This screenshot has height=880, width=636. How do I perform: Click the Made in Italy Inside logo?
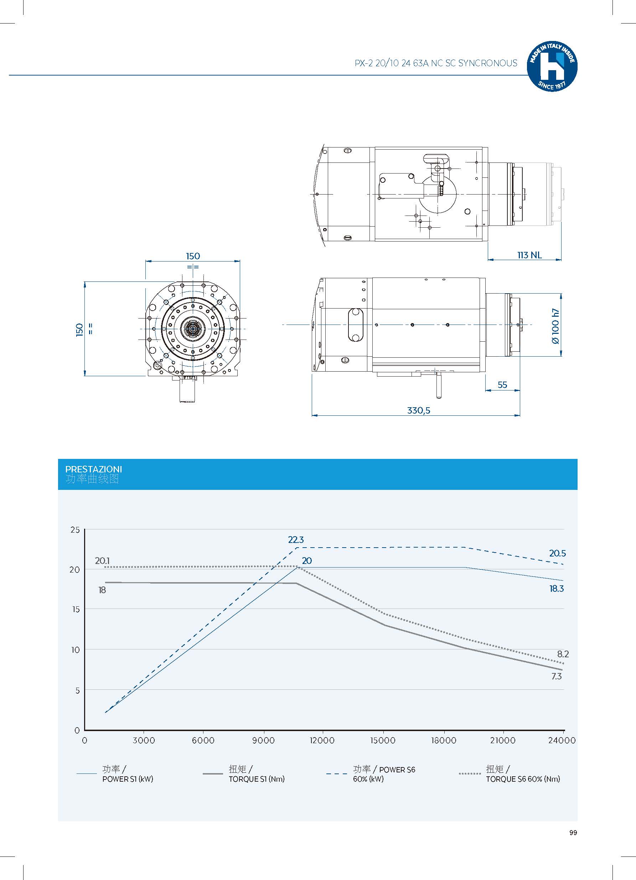tap(552, 66)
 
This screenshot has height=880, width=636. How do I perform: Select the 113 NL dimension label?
tap(529, 255)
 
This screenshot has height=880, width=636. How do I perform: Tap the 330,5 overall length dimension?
tap(418, 410)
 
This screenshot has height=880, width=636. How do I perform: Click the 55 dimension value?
tap(502, 384)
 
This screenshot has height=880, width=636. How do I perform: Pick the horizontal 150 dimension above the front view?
tap(193, 256)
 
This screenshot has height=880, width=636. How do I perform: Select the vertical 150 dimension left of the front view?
tap(79, 330)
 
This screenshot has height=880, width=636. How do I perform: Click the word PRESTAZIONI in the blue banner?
tap(93, 469)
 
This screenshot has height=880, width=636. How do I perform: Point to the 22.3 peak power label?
tap(296, 540)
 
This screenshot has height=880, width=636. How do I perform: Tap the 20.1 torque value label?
tap(103, 561)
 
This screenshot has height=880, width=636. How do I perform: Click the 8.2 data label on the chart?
tap(563, 654)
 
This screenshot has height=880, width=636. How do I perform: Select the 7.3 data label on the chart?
tap(556, 676)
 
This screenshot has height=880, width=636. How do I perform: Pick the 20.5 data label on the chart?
tap(557, 553)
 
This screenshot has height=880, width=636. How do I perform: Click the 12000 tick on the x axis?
tap(322, 740)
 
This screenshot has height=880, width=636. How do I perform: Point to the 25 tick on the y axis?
tap(75, 530)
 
